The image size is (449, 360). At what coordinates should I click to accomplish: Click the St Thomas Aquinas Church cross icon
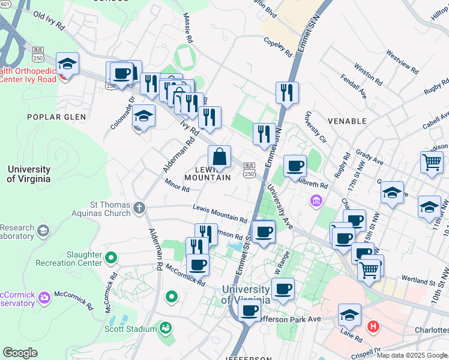point(139,208)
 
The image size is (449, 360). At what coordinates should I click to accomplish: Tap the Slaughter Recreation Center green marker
point(110,258)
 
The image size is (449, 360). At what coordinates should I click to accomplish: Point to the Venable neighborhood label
point(347,121)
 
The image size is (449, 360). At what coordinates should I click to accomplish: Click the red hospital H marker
point(373,327)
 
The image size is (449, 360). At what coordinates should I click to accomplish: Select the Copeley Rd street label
point(277,48)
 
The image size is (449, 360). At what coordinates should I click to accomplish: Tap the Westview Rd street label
point(402,61)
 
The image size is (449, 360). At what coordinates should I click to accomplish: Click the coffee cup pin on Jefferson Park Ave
point(250,311)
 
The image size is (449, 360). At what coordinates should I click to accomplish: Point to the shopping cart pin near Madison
point(432,161)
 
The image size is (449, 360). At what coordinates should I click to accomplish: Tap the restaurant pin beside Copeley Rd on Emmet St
point(287,92)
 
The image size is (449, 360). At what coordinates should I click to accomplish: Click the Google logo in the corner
point(20,353)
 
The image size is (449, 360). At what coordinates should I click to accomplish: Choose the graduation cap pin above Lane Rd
point(350,314)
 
